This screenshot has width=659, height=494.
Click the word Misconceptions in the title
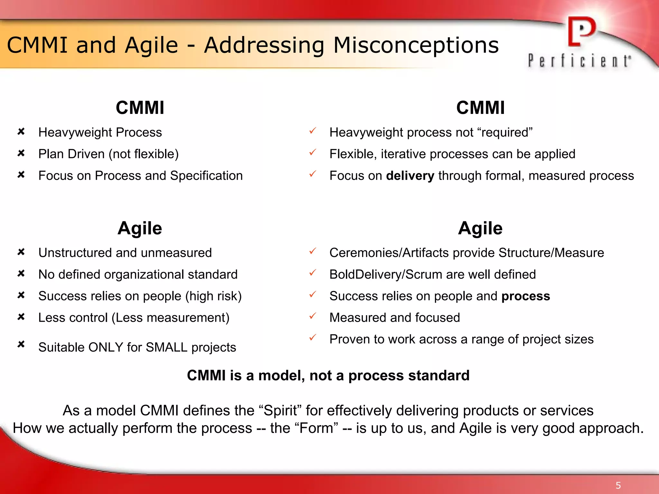(416, 45)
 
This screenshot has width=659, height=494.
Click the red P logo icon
(581, 32)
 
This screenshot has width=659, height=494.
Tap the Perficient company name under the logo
(579, 61)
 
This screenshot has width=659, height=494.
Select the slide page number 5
(618, 485)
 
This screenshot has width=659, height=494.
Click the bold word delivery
(410, 176)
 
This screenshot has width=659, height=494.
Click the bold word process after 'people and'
(525, 296)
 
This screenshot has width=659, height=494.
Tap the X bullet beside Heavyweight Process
(21, 132)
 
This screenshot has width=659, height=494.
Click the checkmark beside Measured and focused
(313, 316)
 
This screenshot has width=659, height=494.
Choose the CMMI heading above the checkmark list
(480, 108)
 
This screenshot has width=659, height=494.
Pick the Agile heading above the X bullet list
(140, 228)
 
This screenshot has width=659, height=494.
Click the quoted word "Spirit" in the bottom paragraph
(280, 411)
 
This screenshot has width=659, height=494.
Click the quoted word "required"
(505, 133)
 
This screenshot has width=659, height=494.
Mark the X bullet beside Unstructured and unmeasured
(21, 252)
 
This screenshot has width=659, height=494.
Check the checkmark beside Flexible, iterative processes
(313, 152)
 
